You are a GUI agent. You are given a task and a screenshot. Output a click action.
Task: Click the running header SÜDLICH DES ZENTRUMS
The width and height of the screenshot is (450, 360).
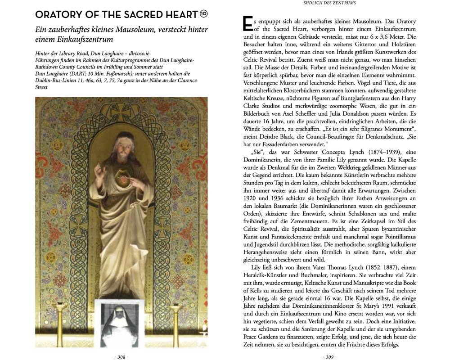(329, 4)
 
